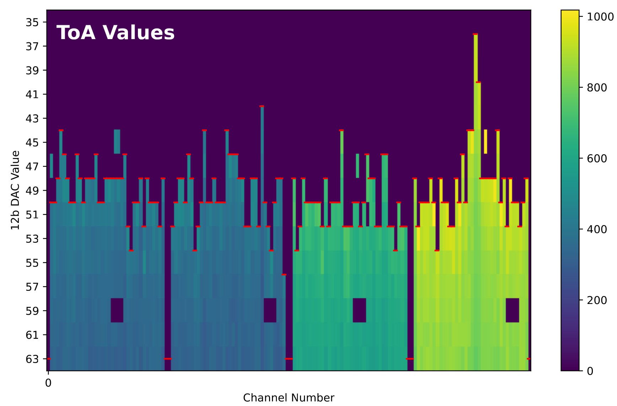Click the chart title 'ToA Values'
(116, 33)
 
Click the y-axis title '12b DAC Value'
(15, 190)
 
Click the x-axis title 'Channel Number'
(289, 398)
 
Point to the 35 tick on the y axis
(32, 22)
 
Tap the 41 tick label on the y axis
(32, 95)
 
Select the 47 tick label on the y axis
(32, 166)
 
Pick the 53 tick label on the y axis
(32, 239)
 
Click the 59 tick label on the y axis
(32, 311)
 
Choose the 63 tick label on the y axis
(32, 359)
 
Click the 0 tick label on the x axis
(48, 383)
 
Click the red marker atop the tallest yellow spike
(475, 34)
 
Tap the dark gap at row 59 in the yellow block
(512, 310)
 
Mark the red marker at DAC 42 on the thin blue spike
(262, 106)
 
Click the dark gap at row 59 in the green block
(359, 310)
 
